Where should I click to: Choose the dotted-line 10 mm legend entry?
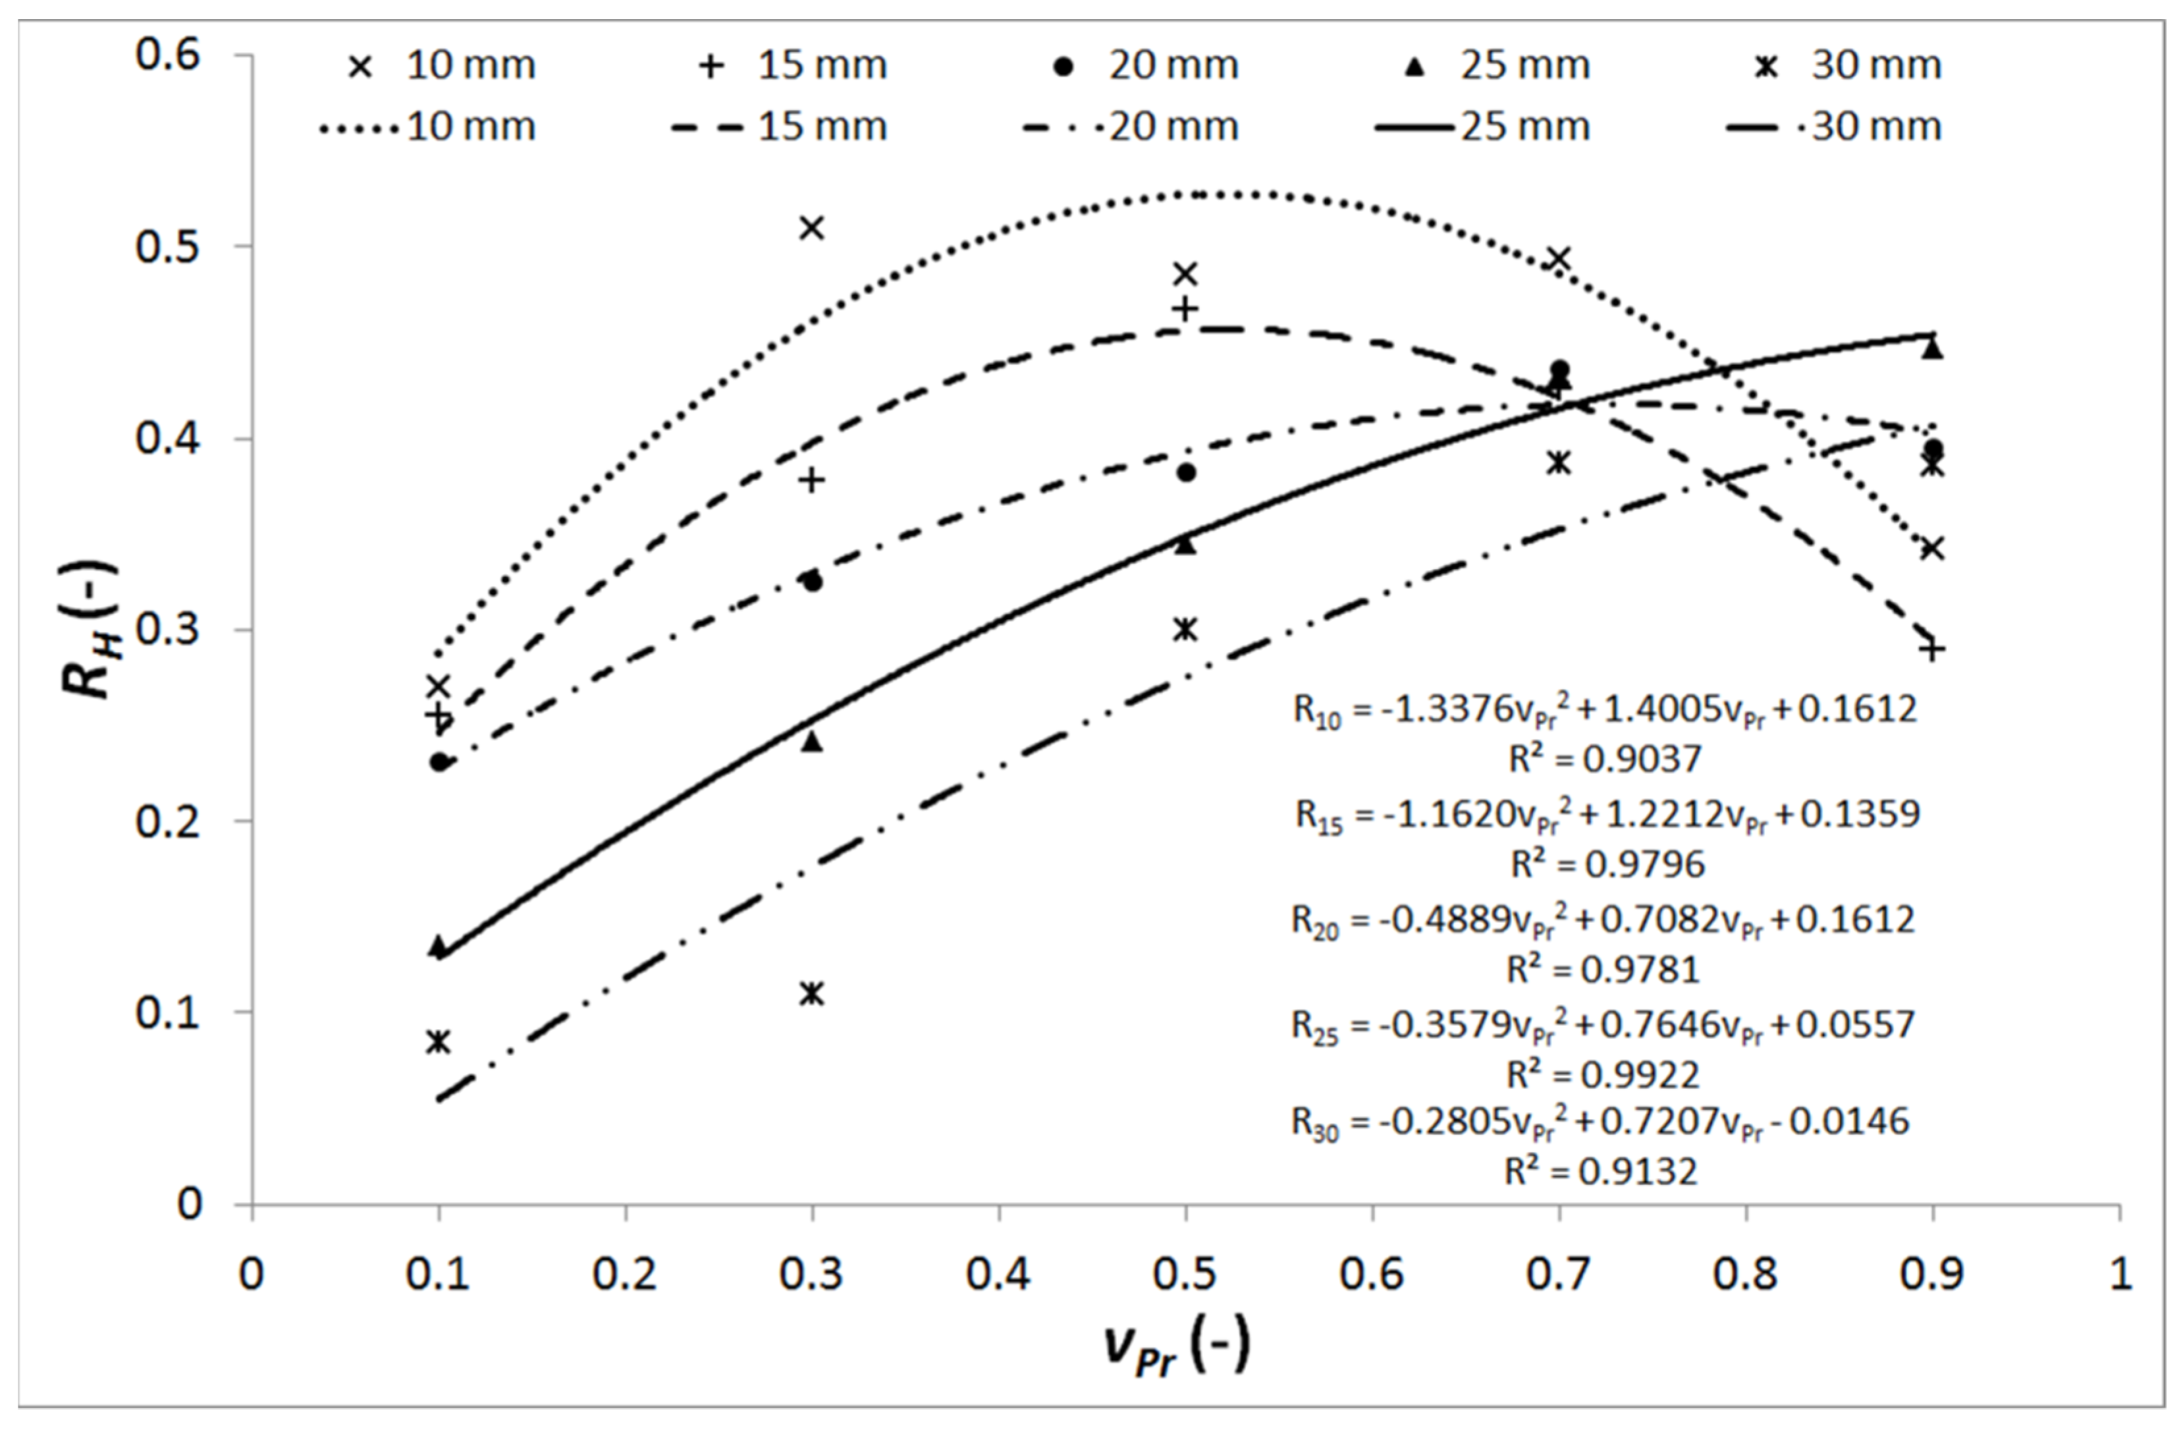point(427,126)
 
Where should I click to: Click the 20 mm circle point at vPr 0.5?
point(1186,472)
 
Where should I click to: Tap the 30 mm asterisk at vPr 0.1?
point(439,1041)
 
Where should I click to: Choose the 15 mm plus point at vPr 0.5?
point(1186,309)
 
